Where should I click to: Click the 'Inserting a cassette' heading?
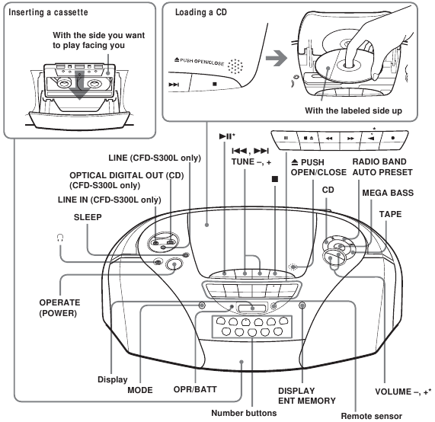point(48,12)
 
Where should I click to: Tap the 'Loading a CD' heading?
point(201,12)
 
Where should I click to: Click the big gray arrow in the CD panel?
point(277,58)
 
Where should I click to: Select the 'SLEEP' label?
point(88,217)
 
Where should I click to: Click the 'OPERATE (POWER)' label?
point(59,308)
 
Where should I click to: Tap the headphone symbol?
point(60,238)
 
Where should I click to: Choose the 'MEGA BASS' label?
point(388,193)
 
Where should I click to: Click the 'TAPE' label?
point(390,214)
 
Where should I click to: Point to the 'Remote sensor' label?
point(372,416)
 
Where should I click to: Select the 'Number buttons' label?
point(244,413)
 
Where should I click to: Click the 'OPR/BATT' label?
point(195,389)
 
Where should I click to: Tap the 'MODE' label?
point(140,390)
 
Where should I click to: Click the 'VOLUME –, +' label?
point(403,392)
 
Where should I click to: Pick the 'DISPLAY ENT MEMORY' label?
point(307,395)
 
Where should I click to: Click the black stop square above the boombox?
point(275,179)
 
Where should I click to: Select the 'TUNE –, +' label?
point(251,161)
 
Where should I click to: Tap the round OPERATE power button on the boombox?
point(174,264)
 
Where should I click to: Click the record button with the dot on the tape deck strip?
point(393,138)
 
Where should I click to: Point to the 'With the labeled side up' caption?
point(353,110)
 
